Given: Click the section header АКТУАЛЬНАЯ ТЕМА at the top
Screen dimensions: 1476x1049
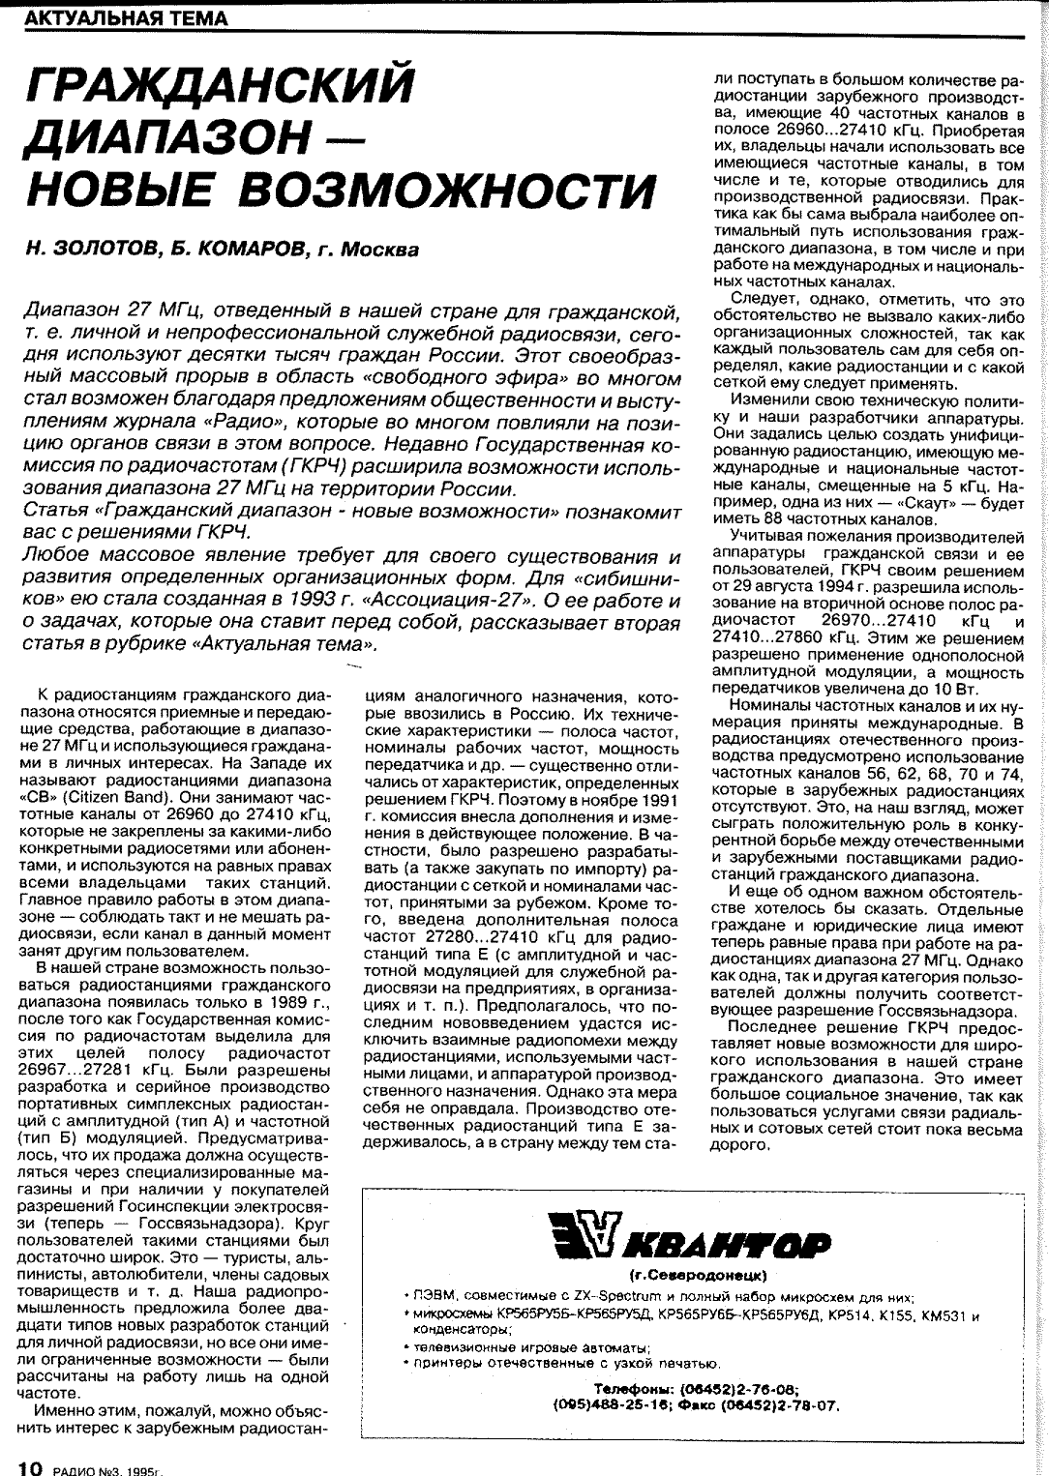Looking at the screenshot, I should click(126, 18).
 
